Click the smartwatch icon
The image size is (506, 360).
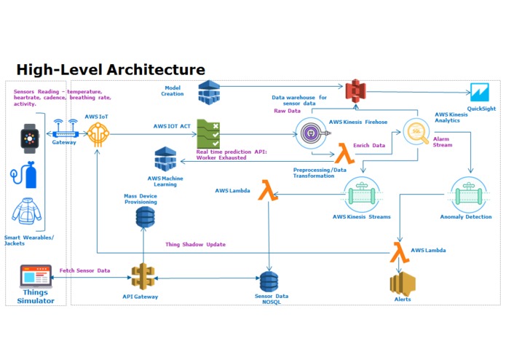click(x=30, y=138)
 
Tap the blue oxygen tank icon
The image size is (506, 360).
click(x=24, y=175)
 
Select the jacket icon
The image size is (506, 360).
click(x=27, y=211)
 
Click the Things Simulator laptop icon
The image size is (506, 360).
click(x=36, y=276)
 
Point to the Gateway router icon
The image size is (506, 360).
click(x=66, y=129)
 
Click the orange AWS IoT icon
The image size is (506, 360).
click(x=98, y=134)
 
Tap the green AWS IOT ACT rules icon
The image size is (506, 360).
click(x=208, y=134)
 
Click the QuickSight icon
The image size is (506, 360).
click(x=480, y=93)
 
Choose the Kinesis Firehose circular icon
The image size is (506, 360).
click(x=312, y=133)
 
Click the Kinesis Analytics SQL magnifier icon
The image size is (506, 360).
click(x=416, y=131)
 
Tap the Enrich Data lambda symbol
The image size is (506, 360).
click(x=344, y=153)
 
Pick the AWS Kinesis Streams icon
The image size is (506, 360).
click(x=362, y=195)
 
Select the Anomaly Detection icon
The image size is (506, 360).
click(x=468, y=195)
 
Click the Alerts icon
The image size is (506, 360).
click(x=403, y=284)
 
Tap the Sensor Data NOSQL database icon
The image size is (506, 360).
click(x=269, y=282)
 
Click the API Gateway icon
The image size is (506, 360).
click(x=143, y=277)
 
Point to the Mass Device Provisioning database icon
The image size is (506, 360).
click(x=145, y=217)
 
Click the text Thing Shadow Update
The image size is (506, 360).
click(x=196, y=244)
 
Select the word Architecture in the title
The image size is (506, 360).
click(x=156, y=69)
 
